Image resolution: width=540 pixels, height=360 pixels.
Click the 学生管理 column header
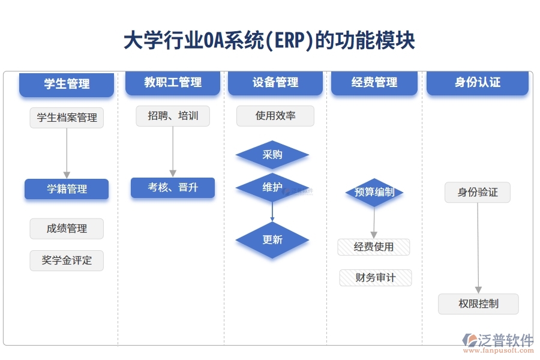[67, 84]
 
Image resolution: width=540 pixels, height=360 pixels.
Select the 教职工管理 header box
[173, 82]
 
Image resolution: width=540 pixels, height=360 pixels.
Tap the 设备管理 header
[275, 82]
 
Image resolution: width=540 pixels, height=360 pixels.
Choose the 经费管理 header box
[374, 82]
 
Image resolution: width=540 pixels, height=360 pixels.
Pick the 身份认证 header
[478, 82]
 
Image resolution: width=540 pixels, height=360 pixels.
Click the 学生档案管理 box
[67, 118]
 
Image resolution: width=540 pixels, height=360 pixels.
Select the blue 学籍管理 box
[67, 189]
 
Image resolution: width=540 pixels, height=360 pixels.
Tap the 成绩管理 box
[67, 229]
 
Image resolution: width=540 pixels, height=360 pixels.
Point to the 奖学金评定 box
[67, 260]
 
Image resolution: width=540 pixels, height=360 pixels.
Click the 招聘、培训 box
[173, 116]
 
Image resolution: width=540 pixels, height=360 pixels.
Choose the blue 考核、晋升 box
[173, 188]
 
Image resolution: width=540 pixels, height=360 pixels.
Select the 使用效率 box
[275, 116]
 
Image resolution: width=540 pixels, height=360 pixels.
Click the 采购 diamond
[272, 155]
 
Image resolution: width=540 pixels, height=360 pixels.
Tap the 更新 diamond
[272, 240]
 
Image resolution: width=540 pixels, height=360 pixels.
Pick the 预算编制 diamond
[374, 193]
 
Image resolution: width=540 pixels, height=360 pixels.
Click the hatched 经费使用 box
[374, 247]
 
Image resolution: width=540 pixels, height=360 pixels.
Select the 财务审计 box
[376, 278]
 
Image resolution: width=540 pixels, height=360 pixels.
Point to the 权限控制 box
[478, 304]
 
